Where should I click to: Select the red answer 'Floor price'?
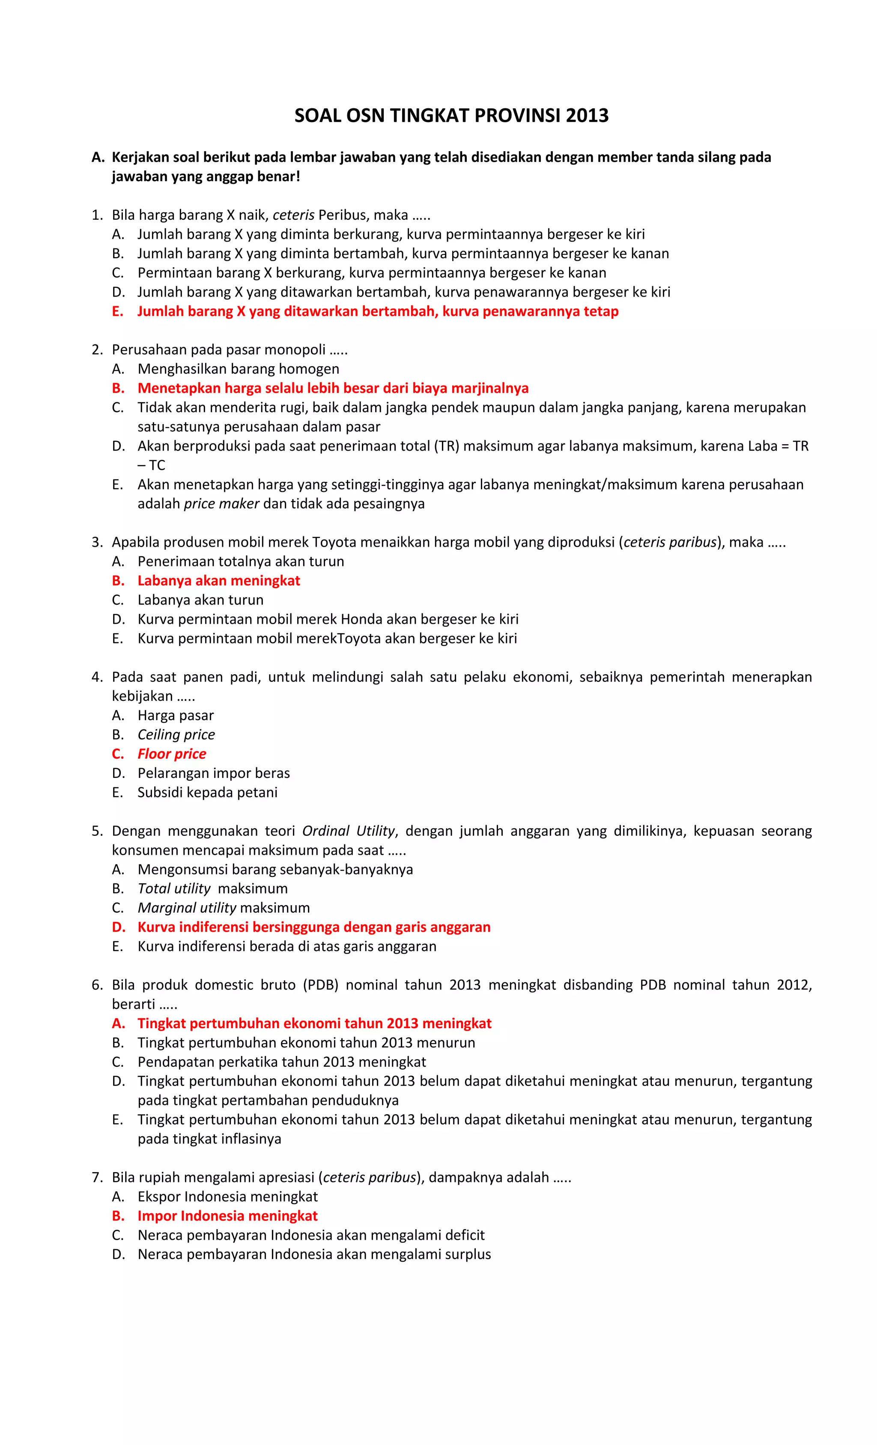pos(172,754)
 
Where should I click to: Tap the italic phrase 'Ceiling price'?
pos(176,734)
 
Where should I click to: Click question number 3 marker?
pos(97,542)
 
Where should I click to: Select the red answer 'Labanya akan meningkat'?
pos(219,580)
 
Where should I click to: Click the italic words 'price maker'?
pos(221,504)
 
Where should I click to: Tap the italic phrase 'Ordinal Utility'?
pos(349,830)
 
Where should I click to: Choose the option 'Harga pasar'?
pos(175,715)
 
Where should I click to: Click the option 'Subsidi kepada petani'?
pos(207,792)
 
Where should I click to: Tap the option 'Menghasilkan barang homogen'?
pos(238,369)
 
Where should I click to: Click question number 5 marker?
pos(97,830)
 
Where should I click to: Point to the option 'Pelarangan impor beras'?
pos(213,773)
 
